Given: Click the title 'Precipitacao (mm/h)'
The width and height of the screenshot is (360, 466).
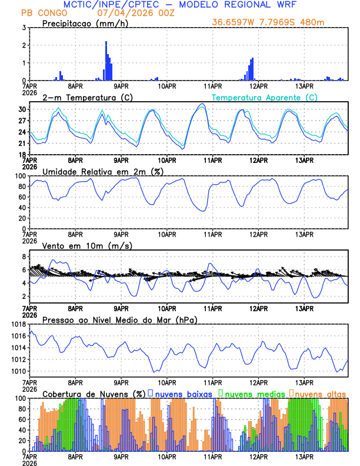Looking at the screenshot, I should click(82, 23).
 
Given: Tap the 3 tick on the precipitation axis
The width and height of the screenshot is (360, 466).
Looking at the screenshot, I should click(24, 28).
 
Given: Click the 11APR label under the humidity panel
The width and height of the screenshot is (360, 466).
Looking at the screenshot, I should click(213, 234).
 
